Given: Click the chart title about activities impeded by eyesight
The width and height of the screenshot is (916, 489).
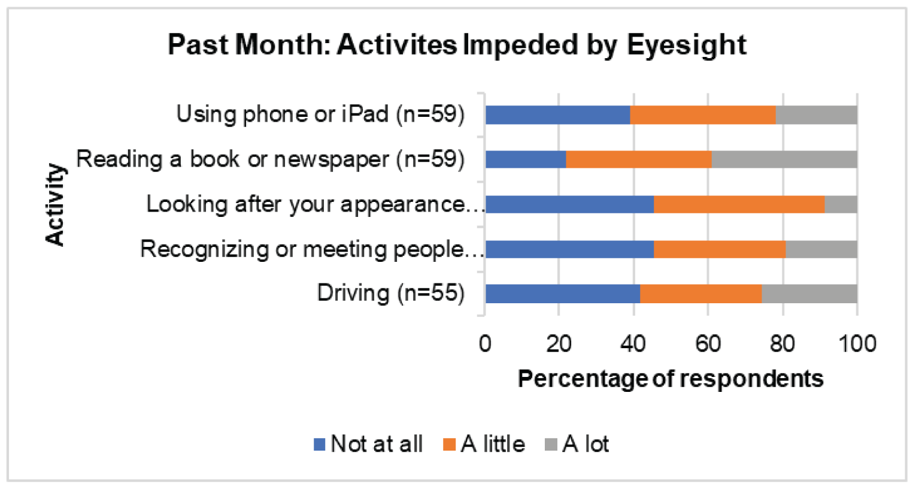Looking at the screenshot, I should (457, 46).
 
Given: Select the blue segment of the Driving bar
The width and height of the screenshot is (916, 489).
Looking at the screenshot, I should (562, 294).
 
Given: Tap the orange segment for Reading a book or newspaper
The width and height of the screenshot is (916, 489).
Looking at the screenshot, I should (639, 159).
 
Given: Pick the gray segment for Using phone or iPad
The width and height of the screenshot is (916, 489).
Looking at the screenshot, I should (816, 114).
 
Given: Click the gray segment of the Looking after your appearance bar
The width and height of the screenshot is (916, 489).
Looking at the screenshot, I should (841, 204).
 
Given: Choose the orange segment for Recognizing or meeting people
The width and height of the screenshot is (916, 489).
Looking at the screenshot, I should (719, 249).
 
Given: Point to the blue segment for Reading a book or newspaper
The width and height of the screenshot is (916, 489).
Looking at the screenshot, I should (525, 159).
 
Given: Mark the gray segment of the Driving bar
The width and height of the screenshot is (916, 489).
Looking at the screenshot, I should (809, 294).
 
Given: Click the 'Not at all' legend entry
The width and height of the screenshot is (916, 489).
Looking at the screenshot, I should (369, 444).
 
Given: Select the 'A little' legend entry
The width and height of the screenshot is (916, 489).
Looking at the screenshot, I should (484, 444).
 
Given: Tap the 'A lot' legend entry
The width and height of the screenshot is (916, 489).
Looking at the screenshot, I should (577, 444).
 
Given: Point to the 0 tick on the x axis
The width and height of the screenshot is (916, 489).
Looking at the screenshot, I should (485, 344).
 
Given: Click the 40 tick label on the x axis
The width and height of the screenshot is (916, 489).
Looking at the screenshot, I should (633, 344).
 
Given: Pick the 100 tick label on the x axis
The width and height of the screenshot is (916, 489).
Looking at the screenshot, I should (857, 344).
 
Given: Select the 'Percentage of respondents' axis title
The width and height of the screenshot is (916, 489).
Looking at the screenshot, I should (671, 379).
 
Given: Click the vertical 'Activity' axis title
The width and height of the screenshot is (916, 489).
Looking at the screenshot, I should (55, 204).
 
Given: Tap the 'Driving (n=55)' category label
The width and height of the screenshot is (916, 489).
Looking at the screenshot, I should (390, 294).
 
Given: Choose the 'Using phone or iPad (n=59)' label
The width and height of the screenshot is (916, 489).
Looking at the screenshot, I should (320, 114).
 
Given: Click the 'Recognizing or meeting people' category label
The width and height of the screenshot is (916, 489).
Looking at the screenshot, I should (312, 249).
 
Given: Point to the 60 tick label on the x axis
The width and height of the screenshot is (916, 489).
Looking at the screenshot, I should (708, 344).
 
